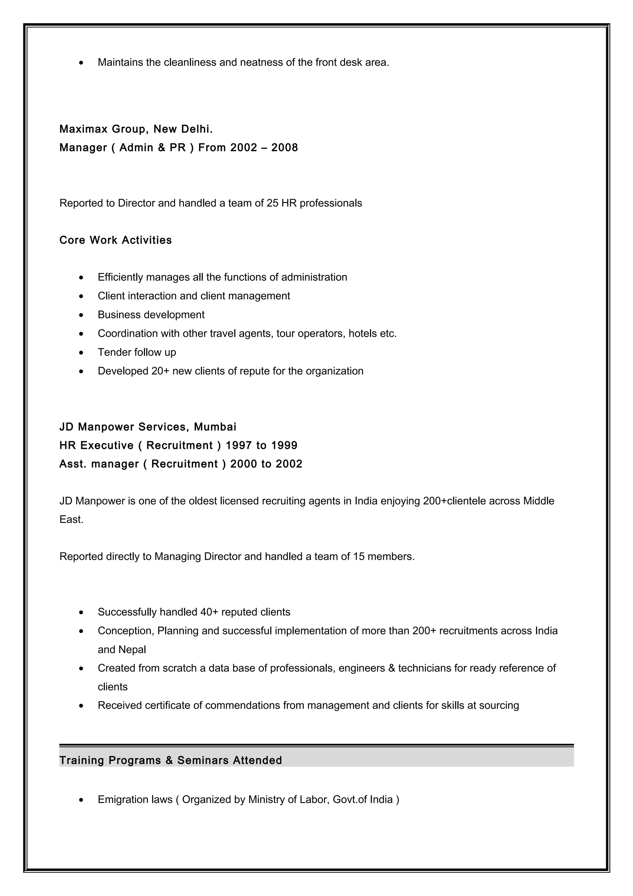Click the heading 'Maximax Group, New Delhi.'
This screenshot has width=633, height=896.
click(x=136, y=129)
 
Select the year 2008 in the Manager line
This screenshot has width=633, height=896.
click(x=284, y=147)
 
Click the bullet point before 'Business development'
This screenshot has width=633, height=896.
click(x=81, y=315)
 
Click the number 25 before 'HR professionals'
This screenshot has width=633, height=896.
click(x=272, y=203)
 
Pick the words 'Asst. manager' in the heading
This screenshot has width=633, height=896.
click(x=99, y=464)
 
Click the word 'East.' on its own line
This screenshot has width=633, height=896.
click(x=71, y=519)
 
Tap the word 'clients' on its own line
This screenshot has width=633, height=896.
click(x=113, y=686)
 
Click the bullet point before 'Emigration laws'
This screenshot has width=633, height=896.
click(x=81, y=800)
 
